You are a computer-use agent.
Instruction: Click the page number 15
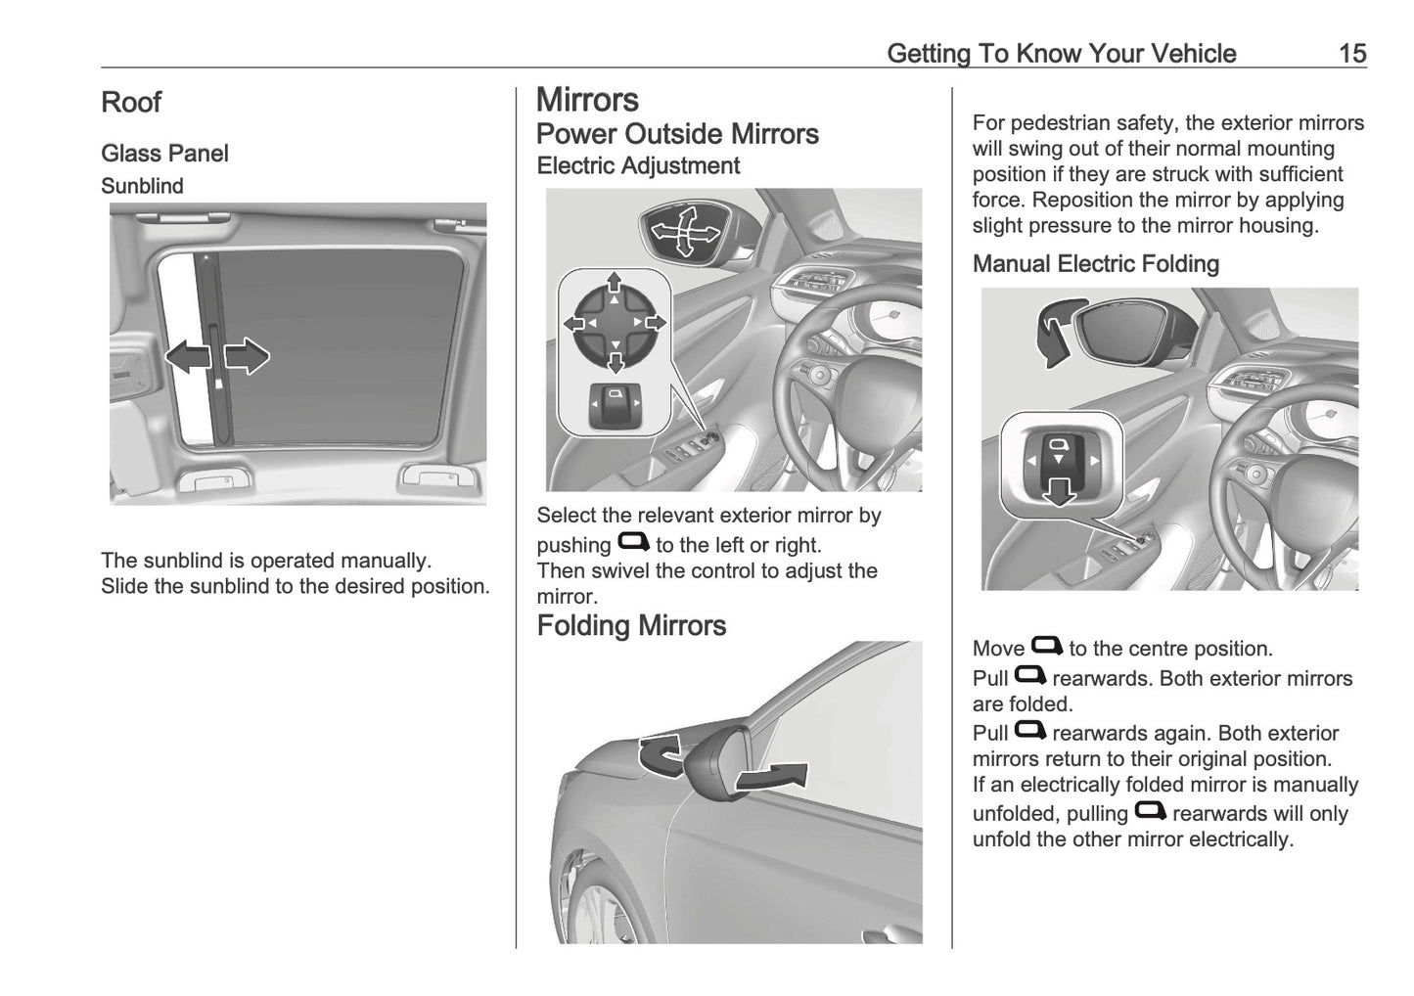[x=1351, y=53]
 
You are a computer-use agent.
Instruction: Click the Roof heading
[x=131, y=102]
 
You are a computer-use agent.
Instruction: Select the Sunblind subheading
[x=142, y=186]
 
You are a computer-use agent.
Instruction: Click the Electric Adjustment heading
[x=638, y=165]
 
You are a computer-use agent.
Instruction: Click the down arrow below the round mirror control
[x=615, y=363]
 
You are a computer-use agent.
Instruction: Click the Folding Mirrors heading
[x=631, y=625]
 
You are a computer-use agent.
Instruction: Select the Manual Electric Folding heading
[x=1095, y=264]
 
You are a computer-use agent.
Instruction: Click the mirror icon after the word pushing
[x=633, y=542]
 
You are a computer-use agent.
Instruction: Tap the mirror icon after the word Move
[x=1046, y=646]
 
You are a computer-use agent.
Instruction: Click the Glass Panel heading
[x=164, y=154]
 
